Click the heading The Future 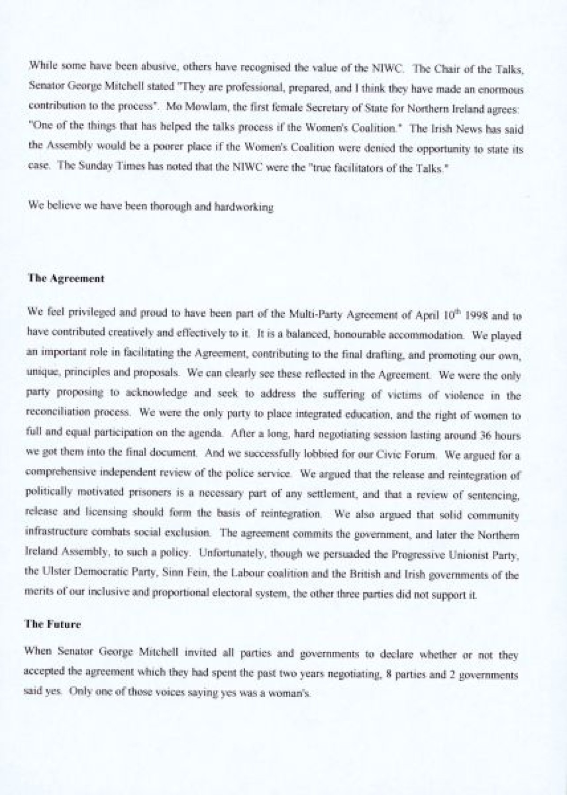[53, 624]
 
